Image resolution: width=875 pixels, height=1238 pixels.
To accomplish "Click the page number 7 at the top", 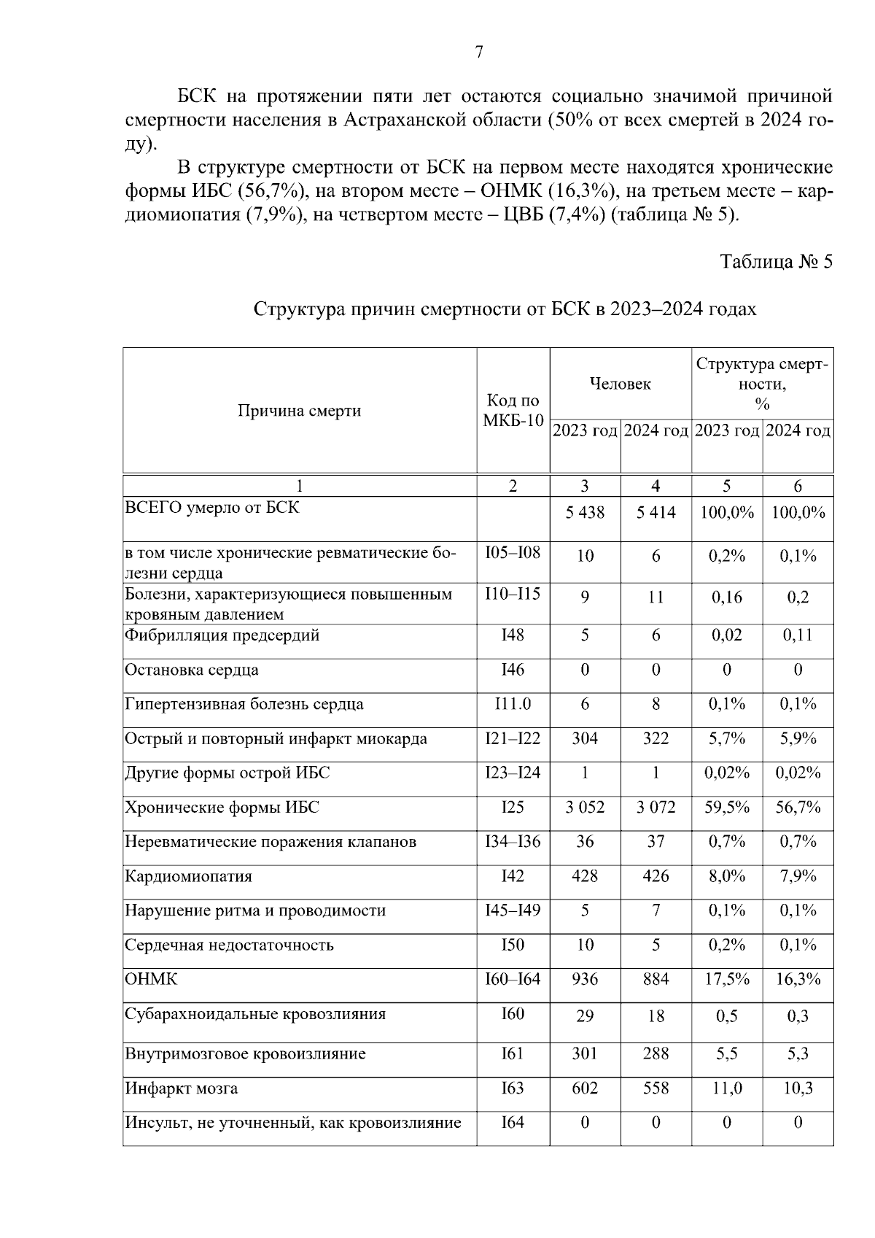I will coord(478,52).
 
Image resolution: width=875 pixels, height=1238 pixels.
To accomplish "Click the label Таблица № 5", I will coord(776,262).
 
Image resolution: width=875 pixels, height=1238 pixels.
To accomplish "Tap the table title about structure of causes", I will coord(505,309).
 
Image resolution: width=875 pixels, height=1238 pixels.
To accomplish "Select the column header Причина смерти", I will coord(299,411).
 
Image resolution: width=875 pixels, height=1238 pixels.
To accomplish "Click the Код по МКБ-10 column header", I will coord(513,411).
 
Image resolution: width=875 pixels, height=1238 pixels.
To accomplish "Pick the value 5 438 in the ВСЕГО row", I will coord(585,513).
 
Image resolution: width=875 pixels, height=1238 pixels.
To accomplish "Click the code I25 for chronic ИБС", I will coord(513,808).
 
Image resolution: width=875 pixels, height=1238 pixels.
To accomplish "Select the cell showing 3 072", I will coord(656,808).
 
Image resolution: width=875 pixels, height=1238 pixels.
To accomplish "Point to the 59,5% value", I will coord(726,808).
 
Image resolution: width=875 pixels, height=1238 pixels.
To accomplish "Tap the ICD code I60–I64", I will coord(513,979).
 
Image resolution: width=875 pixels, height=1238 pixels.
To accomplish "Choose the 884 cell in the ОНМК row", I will coord(656,979).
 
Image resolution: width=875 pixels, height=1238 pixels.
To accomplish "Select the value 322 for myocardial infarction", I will coord(656,739).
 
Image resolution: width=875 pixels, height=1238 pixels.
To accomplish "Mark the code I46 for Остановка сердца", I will coord(513,670).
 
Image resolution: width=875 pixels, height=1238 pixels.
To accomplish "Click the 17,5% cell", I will coord(726,979).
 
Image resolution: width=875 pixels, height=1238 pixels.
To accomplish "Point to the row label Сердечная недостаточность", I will coord(229,945).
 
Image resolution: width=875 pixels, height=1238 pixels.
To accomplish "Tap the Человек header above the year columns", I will coord(620,384).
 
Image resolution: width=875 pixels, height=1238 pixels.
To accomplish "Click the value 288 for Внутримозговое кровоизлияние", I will coord(656,1053).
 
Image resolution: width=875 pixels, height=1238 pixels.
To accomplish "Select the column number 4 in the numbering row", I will coord(656,486).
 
